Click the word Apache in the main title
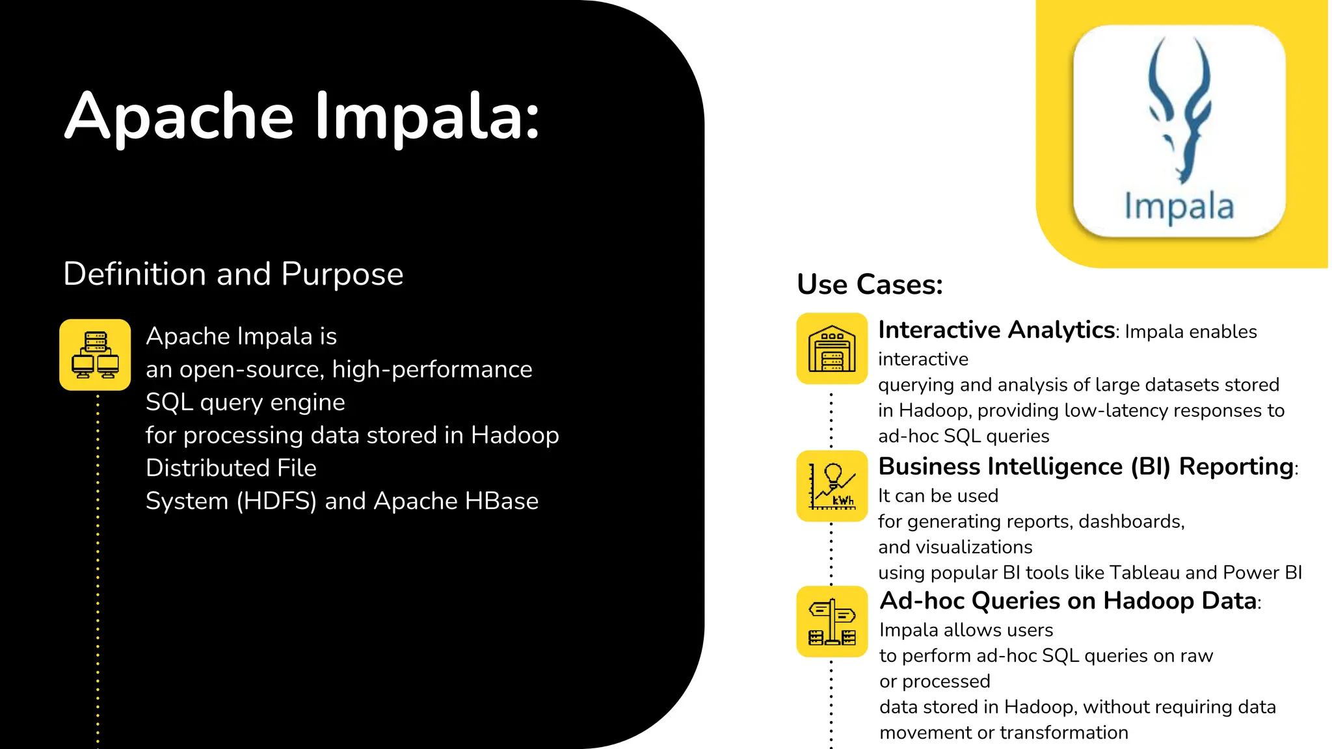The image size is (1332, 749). (x=179, y=117)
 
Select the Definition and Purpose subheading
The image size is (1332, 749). (x=233, y=274)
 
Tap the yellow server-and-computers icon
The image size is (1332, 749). (x=95, y=355)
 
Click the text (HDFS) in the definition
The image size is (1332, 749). (x=276, y=501)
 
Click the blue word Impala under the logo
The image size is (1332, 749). (x=1179, y=207)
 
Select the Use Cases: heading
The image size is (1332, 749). (x=870, y=285)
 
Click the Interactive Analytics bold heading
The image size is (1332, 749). (x=996, y=330)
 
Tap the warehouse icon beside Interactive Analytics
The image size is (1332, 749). (x=832, y=349)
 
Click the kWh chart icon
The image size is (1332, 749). (x=832, y=486)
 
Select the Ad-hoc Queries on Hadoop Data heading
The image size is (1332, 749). (x=1067, y=601)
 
